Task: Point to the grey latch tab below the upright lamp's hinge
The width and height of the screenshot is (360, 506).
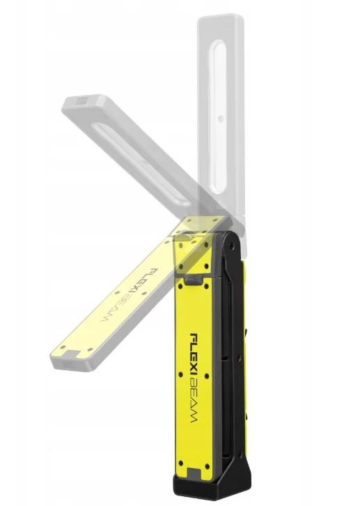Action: [194, 280]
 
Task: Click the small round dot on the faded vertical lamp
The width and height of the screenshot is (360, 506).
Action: [221, 119]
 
